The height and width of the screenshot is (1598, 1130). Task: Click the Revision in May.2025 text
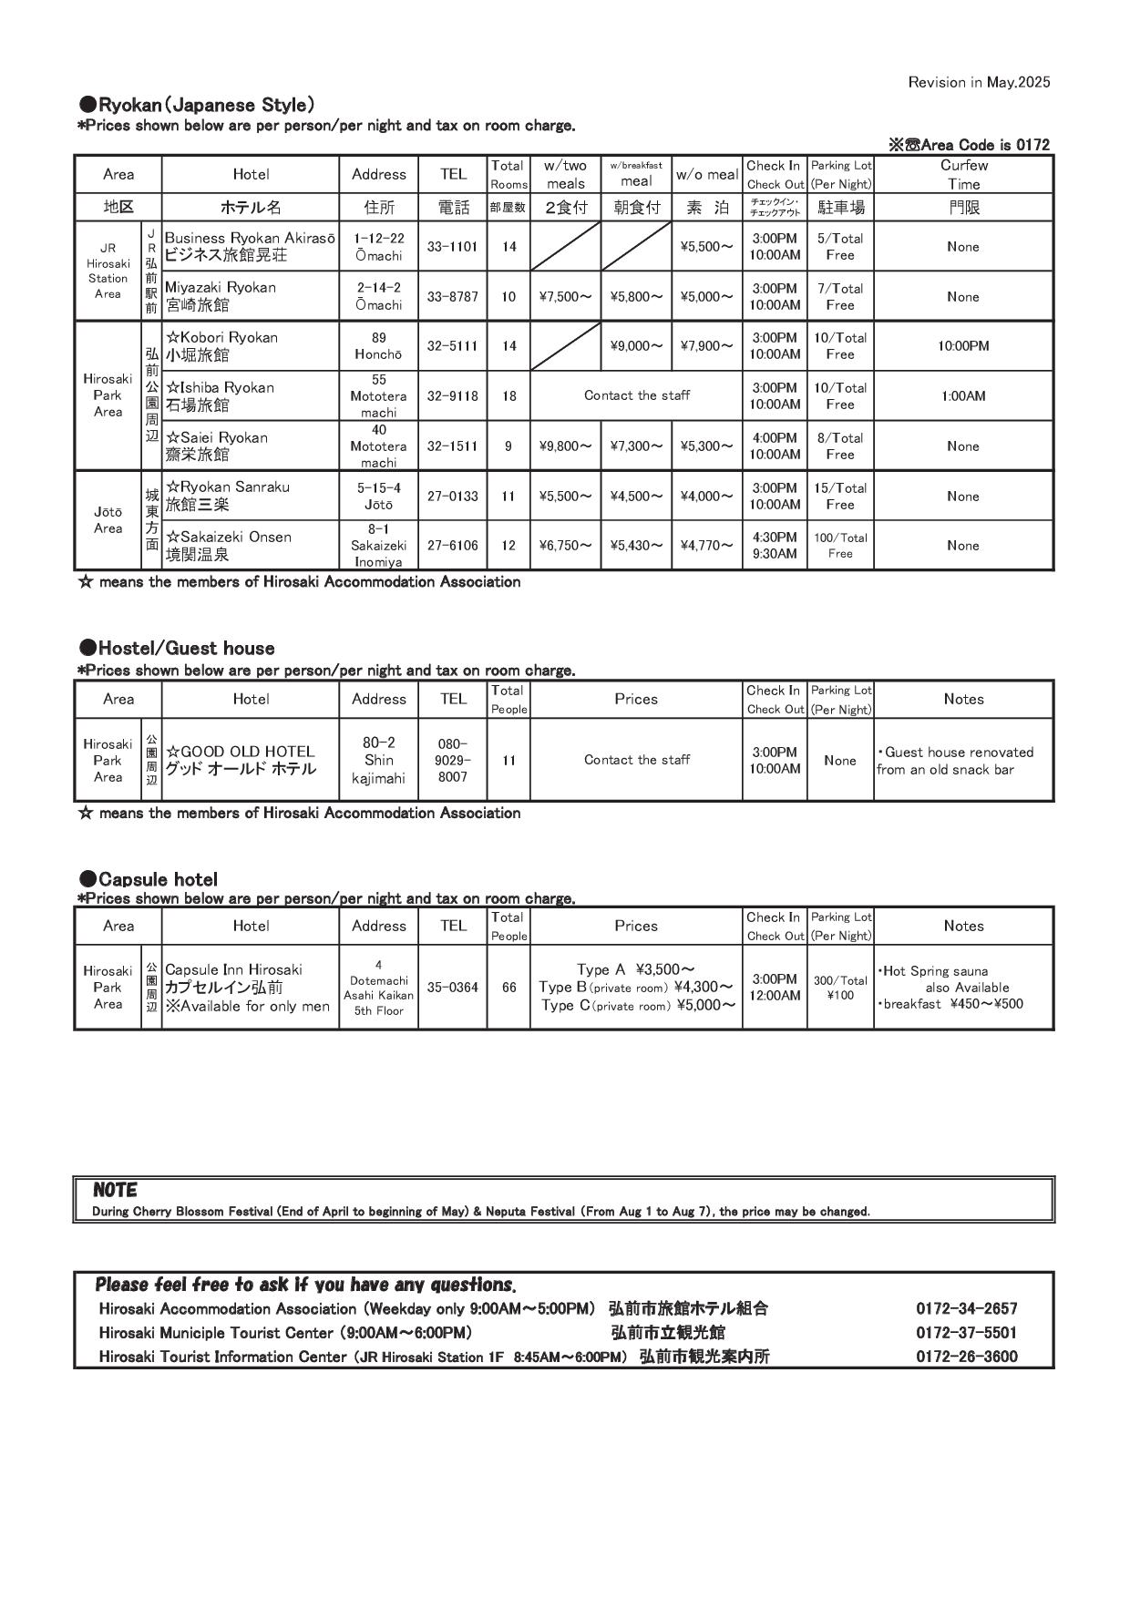(x=979, y=82)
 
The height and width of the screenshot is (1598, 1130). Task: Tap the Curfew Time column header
(x=963, y=174)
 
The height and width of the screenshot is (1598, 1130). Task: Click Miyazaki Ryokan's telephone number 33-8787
(x=452, y=296)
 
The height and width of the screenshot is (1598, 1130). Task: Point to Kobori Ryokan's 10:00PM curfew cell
(x=963, y=346)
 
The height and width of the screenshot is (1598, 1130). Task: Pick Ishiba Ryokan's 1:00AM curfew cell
(x=963, y=396)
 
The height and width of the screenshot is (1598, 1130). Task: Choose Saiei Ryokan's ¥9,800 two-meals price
(x=565, y=446)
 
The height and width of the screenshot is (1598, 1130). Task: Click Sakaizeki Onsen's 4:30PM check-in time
(x=775, y=538)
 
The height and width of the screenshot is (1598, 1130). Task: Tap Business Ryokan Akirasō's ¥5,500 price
(x=706, y=247)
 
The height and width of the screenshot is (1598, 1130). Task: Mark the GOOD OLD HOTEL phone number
(x=452, y=760)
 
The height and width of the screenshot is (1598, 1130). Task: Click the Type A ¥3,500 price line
(x=636, y=969)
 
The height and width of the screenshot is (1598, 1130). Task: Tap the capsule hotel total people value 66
(x=508, y=987)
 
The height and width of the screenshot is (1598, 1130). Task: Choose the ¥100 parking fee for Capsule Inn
(x=839, y=996)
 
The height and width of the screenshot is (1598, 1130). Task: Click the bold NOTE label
(x=115, y=1190)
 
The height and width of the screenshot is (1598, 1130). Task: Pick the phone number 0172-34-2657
(x=966, y=1309)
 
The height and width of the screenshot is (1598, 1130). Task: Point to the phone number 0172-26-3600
(x=966, y=1357)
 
